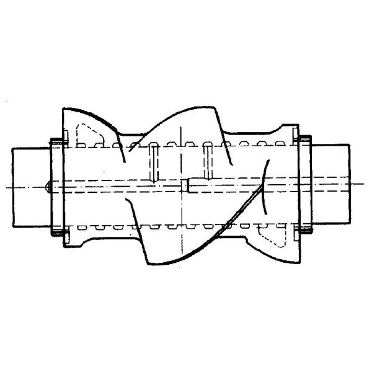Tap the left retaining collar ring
54,186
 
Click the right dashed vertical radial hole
208,160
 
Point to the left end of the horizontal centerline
5,187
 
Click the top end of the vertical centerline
181,126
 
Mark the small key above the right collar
304,138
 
